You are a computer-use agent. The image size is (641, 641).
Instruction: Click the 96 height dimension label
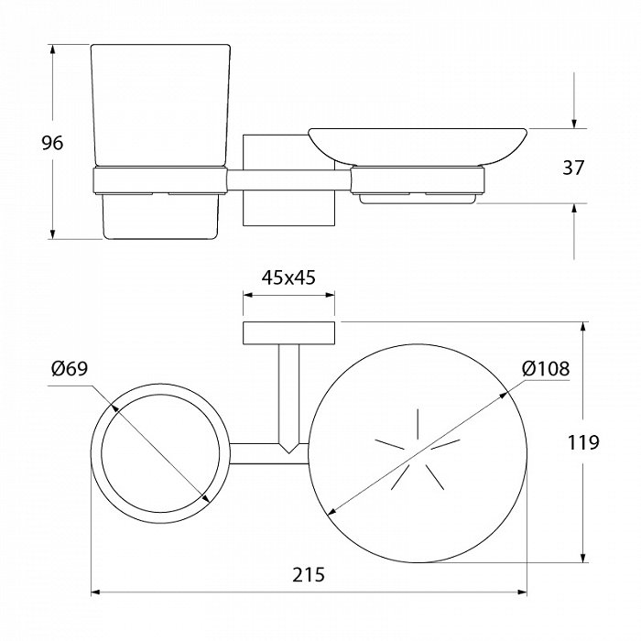point(53,143)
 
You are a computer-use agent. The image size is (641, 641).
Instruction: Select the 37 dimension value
point(573,168)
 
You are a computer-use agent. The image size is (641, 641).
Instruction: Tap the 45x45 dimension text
point(288,278)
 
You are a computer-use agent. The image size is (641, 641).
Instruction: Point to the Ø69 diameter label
point(70,369)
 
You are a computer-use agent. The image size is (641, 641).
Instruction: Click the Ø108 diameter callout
point(546,369)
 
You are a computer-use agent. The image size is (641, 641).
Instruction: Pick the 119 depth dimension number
point(583,442)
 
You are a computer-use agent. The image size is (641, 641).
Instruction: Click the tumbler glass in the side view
point(160,106)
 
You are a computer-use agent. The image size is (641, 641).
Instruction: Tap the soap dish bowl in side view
point(418,147)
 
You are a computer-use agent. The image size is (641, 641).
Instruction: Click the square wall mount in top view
point(289,333)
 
